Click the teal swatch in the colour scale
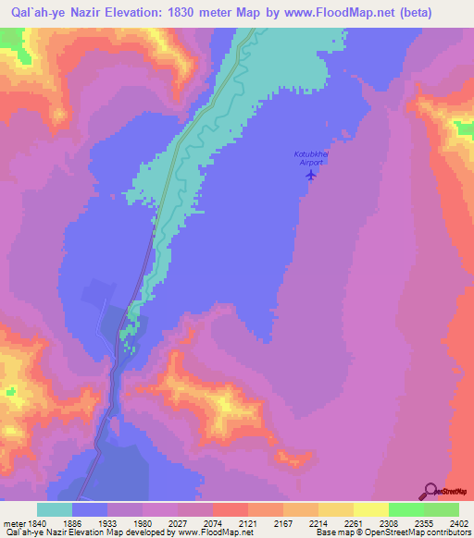(55, 509)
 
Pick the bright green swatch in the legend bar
(406, 509)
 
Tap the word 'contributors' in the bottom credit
(446, 532)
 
